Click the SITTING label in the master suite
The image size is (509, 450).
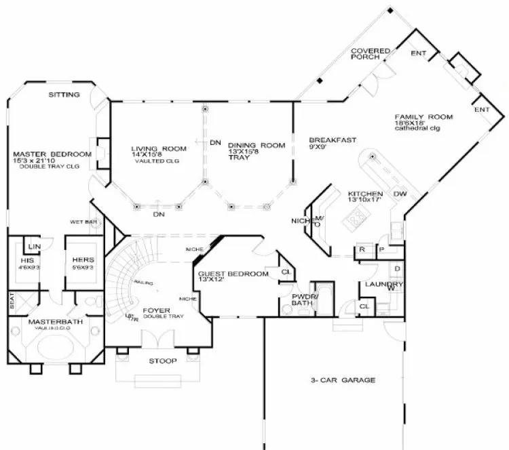pyautogui.click(x=64, y=94)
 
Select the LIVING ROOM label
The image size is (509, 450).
pyautogui.click(x=158, y=148)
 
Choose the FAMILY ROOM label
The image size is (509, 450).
pyautogui.click(x=423, y=117)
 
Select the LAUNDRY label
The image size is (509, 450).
pyautogui.click(x=379, y=285)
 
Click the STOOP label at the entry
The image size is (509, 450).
pyautogui.click(x=162, y=361)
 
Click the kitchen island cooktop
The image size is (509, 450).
pyautogui.click(x=356, y=217)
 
